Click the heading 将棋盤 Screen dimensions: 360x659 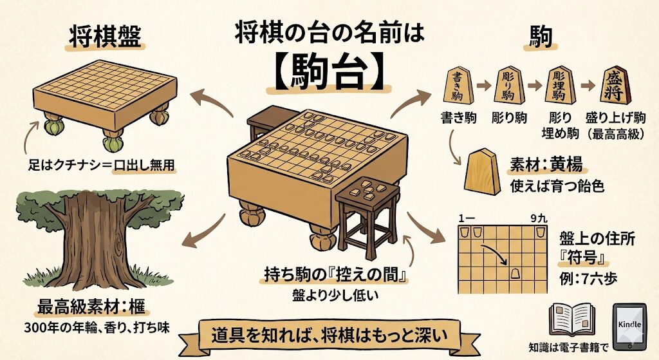click(106, 37)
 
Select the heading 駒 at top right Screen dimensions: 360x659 click(540, 37)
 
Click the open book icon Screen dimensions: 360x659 click(570, 319)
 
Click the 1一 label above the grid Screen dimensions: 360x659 click(465, 218)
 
